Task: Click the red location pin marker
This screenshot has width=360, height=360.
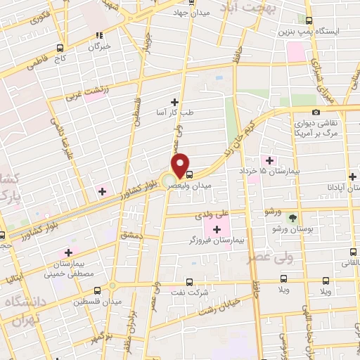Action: click(x=180, y=165)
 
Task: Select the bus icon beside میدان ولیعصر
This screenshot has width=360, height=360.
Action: click(x=189, y=174)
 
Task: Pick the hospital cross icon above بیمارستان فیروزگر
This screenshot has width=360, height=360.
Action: click(x=217, y=229)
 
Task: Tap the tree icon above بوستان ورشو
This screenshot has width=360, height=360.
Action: click(x=293, y=217)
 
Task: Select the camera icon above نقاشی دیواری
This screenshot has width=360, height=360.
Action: click(x=316, y=112)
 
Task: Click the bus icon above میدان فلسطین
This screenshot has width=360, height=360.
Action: click(x=112, y=288)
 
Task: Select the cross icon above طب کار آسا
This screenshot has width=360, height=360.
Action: click(x=174, y=102)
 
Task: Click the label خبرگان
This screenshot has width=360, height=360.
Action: click(x=100, y=46)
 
